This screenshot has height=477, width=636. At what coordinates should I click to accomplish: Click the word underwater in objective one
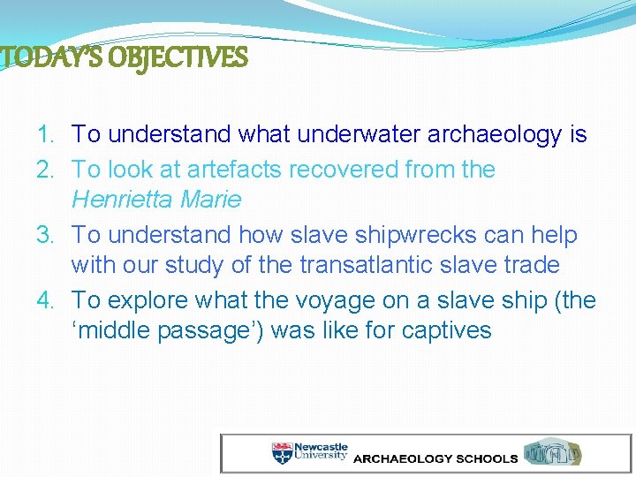point(360,135)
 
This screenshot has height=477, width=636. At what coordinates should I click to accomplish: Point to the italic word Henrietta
point(122,200)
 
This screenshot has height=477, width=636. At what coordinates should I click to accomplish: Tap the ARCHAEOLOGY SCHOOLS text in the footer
point(435,459)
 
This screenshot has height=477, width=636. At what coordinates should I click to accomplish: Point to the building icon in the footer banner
point(554,453)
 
